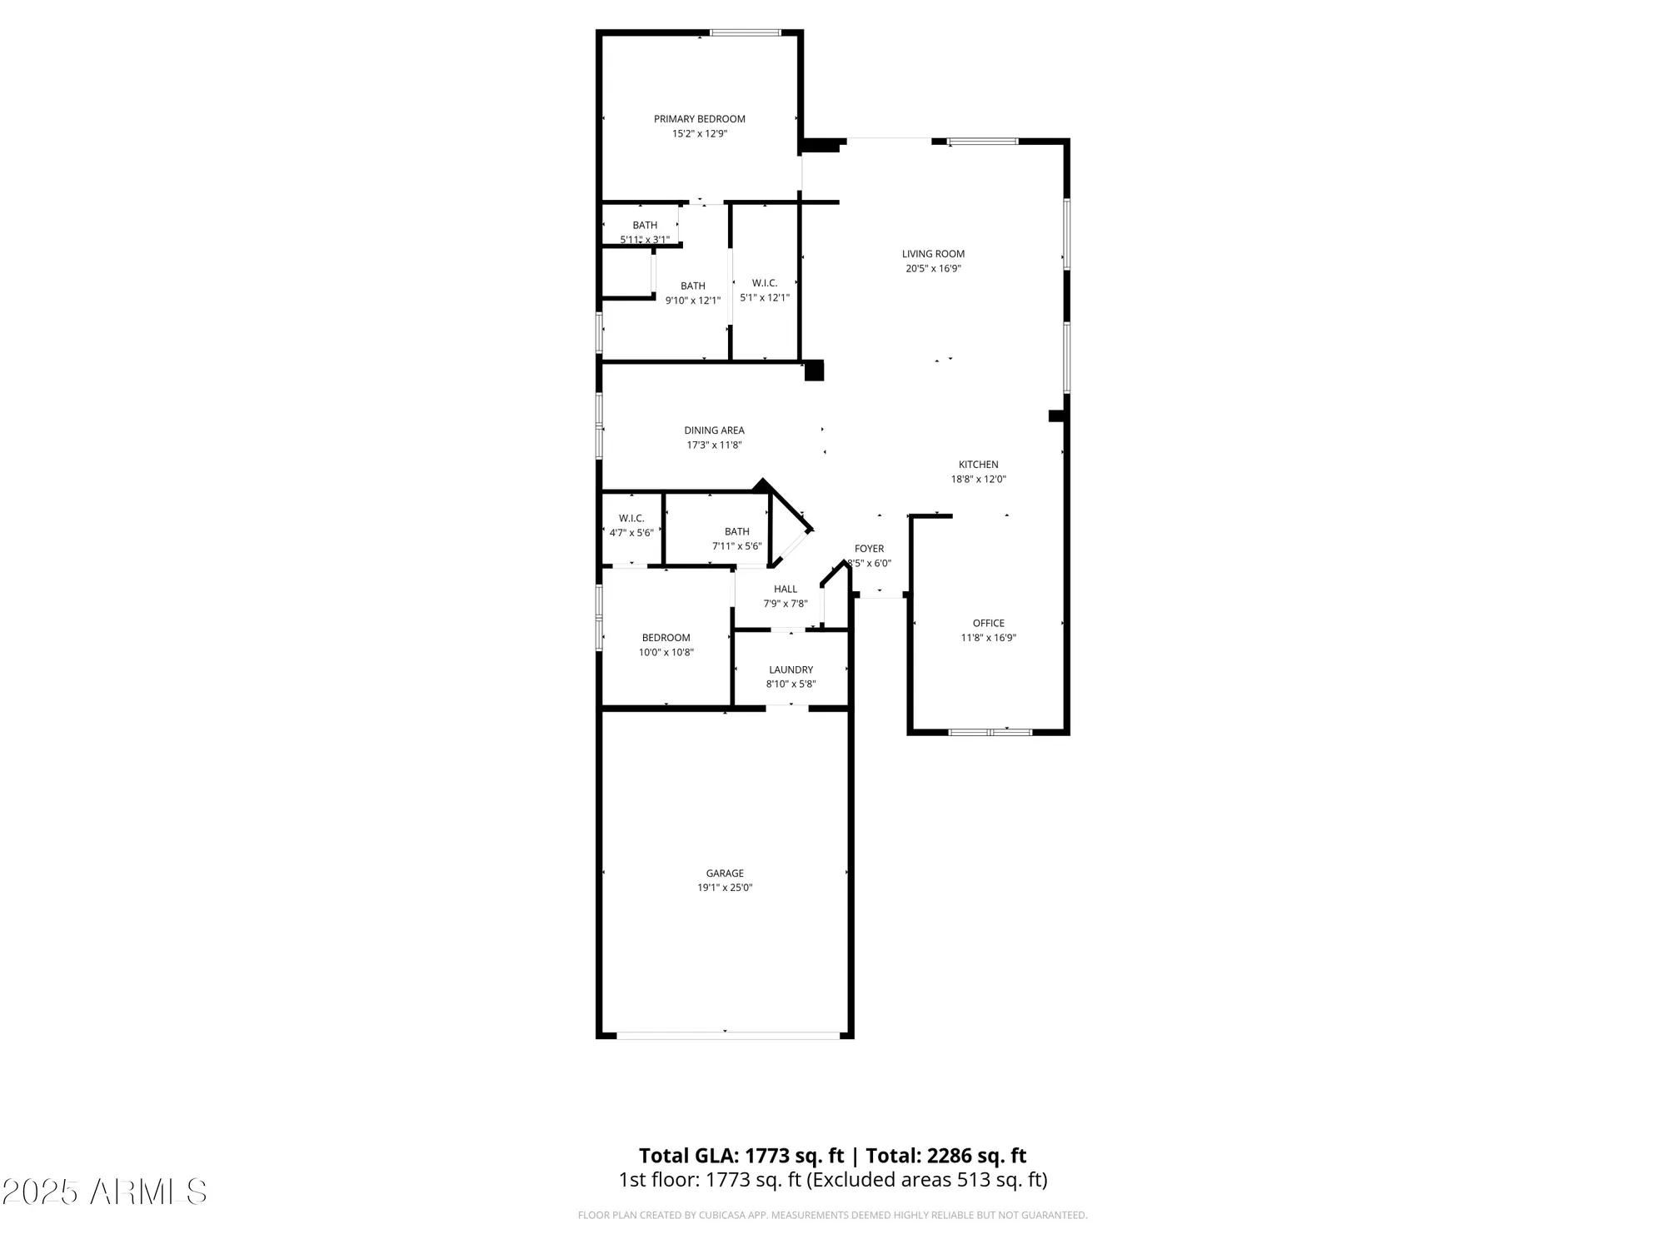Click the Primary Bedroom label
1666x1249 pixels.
pos(699,119)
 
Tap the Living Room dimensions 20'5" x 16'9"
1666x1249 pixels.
pos(933,269)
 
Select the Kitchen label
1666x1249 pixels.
pos(978,465)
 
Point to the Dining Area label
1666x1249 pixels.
pos(714,430)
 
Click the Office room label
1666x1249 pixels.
pos(989,623)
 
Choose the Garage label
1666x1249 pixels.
pos(725,873)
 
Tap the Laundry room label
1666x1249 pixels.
pos(791,669)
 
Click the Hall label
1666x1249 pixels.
pos(785,589)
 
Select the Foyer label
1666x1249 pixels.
pos(869,549)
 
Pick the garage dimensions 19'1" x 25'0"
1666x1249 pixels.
pos(725,888)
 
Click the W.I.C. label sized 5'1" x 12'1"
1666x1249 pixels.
pos(765,283)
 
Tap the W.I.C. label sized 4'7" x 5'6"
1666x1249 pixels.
pos(631,518)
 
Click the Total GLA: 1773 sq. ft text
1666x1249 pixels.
pos(741,1156)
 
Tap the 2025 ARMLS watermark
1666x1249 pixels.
pos(104,1192)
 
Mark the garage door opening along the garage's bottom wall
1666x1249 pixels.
pos(727,1036)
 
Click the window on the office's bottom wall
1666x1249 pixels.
pos(990,733)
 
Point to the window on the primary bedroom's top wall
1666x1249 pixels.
pos(746,33)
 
